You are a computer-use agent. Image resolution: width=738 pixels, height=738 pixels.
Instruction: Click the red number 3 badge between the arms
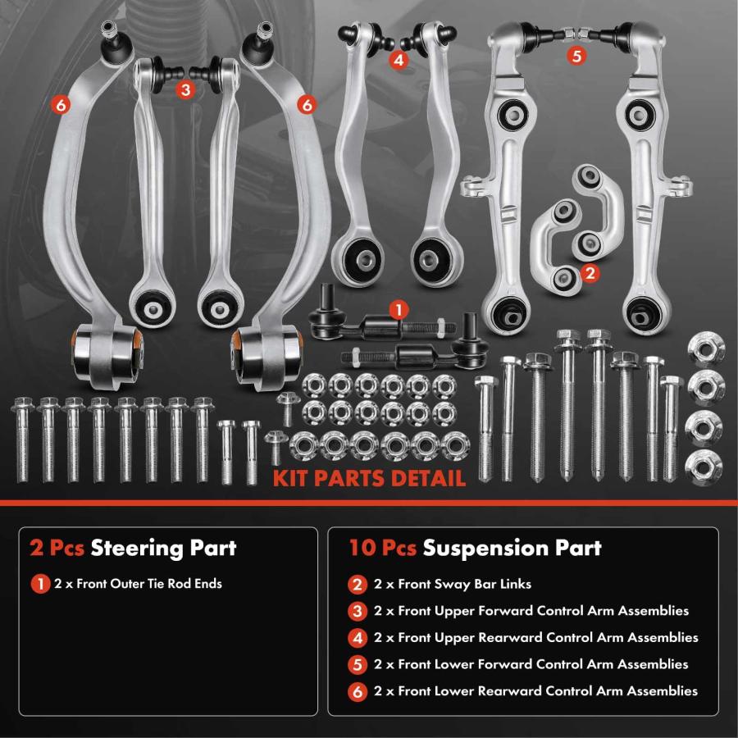[185, 89]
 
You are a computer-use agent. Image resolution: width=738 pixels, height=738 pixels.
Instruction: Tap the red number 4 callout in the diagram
[399, 60]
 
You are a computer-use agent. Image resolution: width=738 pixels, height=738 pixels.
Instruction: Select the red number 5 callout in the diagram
[576, 56]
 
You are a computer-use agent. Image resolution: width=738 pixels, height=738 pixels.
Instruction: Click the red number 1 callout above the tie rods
[399, 310]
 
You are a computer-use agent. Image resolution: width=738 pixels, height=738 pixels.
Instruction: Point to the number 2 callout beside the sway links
[590, 273]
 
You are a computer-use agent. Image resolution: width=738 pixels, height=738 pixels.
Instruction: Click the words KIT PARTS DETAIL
[369, 478]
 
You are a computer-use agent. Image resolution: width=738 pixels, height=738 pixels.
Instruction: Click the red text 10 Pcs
[383, 548]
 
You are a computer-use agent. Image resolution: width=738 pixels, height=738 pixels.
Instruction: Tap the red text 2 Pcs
[57, 548]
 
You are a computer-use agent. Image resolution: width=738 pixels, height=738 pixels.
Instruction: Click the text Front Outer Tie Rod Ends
[149, 584]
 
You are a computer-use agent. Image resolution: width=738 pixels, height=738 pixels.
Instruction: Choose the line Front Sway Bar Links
[465, 584]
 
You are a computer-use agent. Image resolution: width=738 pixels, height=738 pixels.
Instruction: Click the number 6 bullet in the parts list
[358, 691]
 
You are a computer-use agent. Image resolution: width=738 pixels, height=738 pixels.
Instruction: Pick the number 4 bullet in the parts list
[358, 638]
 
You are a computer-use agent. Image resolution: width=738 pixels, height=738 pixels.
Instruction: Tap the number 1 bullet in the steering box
[40, 584]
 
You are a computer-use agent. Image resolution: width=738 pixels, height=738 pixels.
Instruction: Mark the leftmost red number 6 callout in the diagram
[61, 105]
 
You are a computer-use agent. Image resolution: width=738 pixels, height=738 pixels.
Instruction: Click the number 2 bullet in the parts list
[358, 585]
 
